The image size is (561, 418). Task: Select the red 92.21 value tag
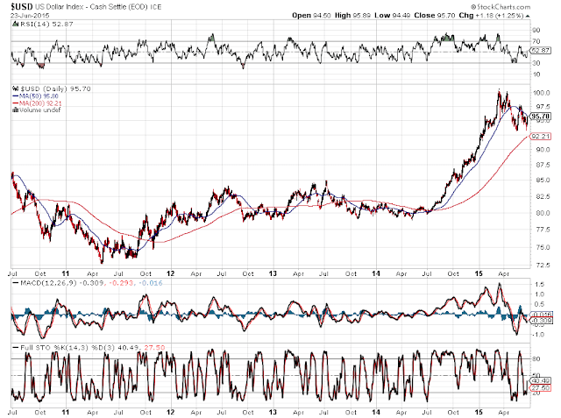541,137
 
